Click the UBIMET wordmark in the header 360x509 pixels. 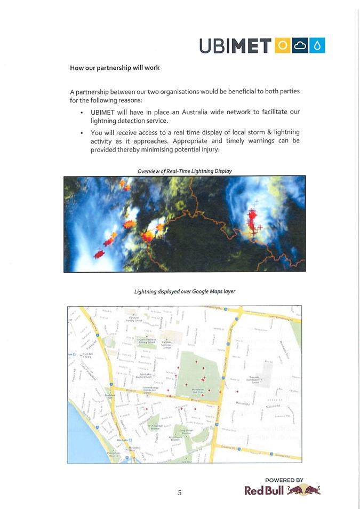pos(235,46)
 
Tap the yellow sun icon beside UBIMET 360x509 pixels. pos(283,46)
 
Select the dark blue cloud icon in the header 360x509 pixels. pos(301,46)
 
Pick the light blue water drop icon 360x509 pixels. pos(318,46)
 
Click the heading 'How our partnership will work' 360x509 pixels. pos(115,68)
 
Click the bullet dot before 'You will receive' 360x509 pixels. pos(81,132)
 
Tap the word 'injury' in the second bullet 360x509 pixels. pos(209,150)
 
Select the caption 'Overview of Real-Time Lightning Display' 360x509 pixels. pos(185,171)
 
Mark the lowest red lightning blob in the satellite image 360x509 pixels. pos(99,254)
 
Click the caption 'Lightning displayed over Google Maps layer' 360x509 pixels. pos(185,291)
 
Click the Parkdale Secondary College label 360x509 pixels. pos(174,345)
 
